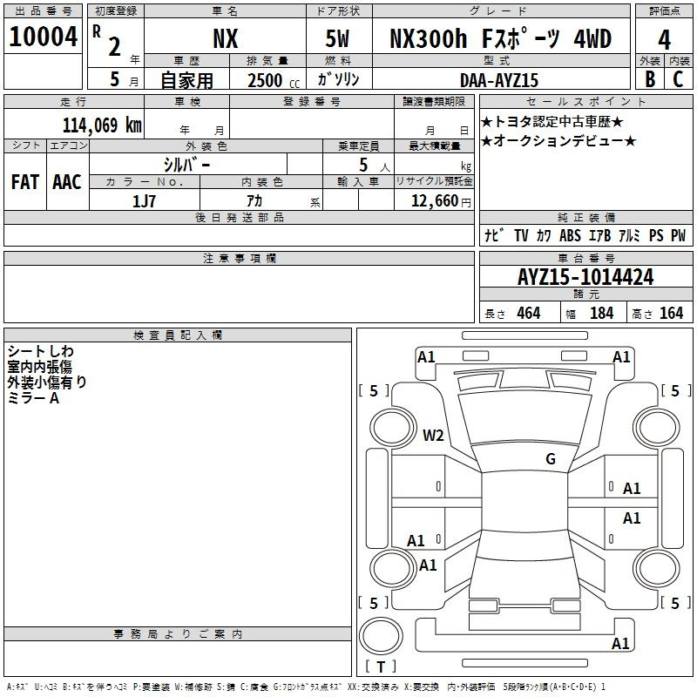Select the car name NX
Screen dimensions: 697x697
click(x=226, y=39)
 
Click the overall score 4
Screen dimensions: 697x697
click(x=664, y=40)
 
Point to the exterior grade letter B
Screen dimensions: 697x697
click(x=649, y=78)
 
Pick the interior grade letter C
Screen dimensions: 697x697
click(x=678, y=78)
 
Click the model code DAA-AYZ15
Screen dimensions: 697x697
click(x=499, y=79)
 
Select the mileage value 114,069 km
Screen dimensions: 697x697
click(x=102, y=125)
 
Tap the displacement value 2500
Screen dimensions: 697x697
click(x=266, y=80)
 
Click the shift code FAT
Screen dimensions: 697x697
click(x=24, y=182)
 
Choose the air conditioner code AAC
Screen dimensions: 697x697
click(x=66, y=182)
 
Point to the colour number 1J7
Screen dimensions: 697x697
click(x=144, y=200)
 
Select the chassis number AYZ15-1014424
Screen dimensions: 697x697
click(x=585, y=278)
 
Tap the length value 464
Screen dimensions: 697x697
click(x=528, y=313)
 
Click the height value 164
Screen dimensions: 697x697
click(x=671, y=313)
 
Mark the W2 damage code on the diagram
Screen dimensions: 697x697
click(x=433, y=435)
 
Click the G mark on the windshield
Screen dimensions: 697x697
click(x=550, y=459)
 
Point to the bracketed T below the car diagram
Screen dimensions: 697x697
click(x=381, y=667)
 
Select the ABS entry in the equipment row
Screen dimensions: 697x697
click(x=570, y=235)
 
